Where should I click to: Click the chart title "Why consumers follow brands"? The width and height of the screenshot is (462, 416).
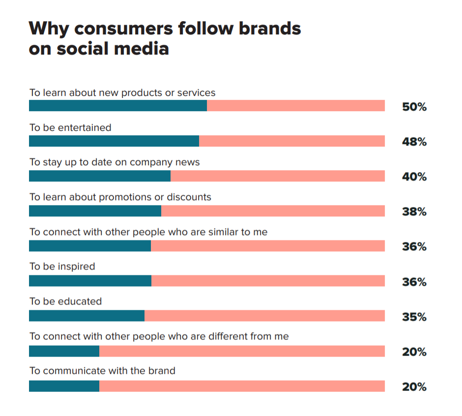tap(165, 29)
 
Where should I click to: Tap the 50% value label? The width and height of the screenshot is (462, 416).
tap(414, 107)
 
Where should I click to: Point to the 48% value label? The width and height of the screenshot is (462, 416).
tap(414, 142)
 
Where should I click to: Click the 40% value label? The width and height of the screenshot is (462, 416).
tap(414, 177)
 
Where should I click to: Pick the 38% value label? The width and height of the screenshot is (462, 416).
tap(414, 212)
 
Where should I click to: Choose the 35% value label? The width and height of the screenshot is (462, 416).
tap(414, 317)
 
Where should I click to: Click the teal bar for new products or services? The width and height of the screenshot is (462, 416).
tap(118, 106)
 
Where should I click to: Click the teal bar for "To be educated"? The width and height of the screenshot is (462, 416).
tap(87, 316)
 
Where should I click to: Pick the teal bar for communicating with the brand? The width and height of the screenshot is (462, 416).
tap(64, 386)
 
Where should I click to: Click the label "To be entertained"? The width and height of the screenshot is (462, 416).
tap(70, 128)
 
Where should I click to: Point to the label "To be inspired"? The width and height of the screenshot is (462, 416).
tap(62, 267)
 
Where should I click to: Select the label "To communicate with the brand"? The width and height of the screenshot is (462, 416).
tap(102, 371)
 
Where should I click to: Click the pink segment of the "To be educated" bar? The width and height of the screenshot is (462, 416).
tap(264, 316)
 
